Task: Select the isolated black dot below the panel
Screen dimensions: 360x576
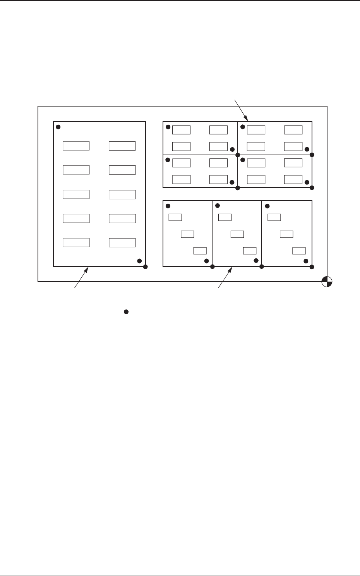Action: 126,311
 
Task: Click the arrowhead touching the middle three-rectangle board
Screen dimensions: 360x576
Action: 231,268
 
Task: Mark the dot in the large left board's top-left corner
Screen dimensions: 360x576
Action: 58,127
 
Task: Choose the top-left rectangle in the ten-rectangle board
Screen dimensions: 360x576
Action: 76,146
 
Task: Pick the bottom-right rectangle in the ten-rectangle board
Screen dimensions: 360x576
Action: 122,242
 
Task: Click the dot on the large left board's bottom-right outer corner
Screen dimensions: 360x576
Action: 146,267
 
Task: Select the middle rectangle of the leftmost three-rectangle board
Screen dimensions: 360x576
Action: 187,234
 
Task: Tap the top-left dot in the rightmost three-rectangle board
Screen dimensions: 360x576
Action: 267,206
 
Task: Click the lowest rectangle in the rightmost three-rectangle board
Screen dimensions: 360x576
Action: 299,250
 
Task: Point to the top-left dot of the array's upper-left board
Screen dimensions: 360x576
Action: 168,127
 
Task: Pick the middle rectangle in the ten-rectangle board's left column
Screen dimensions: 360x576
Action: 76,194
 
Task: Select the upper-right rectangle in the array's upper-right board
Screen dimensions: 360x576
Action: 293,130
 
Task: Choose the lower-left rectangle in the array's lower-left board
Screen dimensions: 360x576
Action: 181,179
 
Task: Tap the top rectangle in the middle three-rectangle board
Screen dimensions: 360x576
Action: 225,217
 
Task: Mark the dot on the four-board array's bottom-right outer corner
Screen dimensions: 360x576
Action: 312,188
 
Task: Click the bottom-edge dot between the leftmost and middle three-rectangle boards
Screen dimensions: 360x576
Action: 213,267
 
